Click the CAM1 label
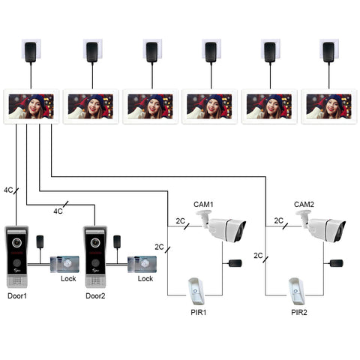(203, 204)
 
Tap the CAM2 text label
(304, 204)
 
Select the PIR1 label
(199, 312)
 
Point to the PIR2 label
(299, 312)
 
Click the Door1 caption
(17, 296)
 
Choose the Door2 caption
(95, 296)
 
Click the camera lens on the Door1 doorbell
(16, 242)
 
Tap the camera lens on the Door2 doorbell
(95, 242)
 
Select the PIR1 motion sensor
(196, 291)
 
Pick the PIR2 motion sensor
(296, 291)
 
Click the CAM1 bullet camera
(221, 226)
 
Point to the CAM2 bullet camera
(321, 226)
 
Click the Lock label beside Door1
(68, 279)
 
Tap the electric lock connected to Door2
(142, 264)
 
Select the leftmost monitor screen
(31, 106)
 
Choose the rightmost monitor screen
(328, 106)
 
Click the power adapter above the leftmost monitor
(31, 52)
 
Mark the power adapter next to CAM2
(337, 263)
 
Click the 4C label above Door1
(8, 190)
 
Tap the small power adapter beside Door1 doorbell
(40, 241)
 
